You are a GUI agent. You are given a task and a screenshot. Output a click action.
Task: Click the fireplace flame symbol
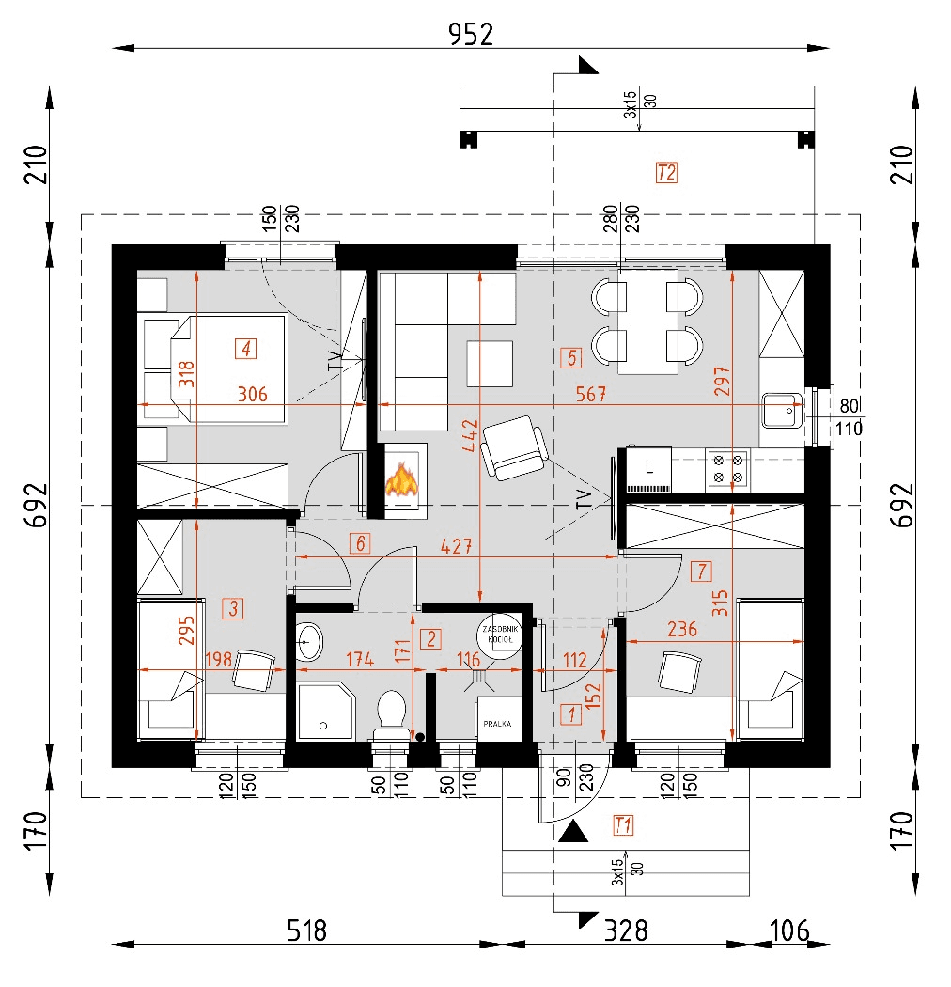[402, 479]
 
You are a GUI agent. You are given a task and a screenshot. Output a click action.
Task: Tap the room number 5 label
[569, 357]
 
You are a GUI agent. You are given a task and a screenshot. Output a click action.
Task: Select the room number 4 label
[244, 349]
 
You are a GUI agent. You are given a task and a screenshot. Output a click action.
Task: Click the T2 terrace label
[666, 173]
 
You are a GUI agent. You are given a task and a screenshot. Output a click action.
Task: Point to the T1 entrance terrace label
[622, 825]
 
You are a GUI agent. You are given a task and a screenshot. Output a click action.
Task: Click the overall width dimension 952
[470, 34]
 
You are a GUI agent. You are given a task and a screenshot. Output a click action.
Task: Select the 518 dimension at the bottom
[306, 931]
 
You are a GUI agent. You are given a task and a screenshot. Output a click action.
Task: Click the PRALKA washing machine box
[497, 723]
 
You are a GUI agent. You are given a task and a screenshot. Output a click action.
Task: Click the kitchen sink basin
[780, 409]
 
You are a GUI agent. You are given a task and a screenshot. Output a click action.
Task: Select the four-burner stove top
[728, 468]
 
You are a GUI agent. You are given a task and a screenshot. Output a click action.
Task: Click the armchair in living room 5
[513, 447]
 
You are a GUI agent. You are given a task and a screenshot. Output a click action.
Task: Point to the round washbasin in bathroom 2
[308, 643]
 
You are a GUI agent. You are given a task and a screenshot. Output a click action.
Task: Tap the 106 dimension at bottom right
[788, 931]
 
